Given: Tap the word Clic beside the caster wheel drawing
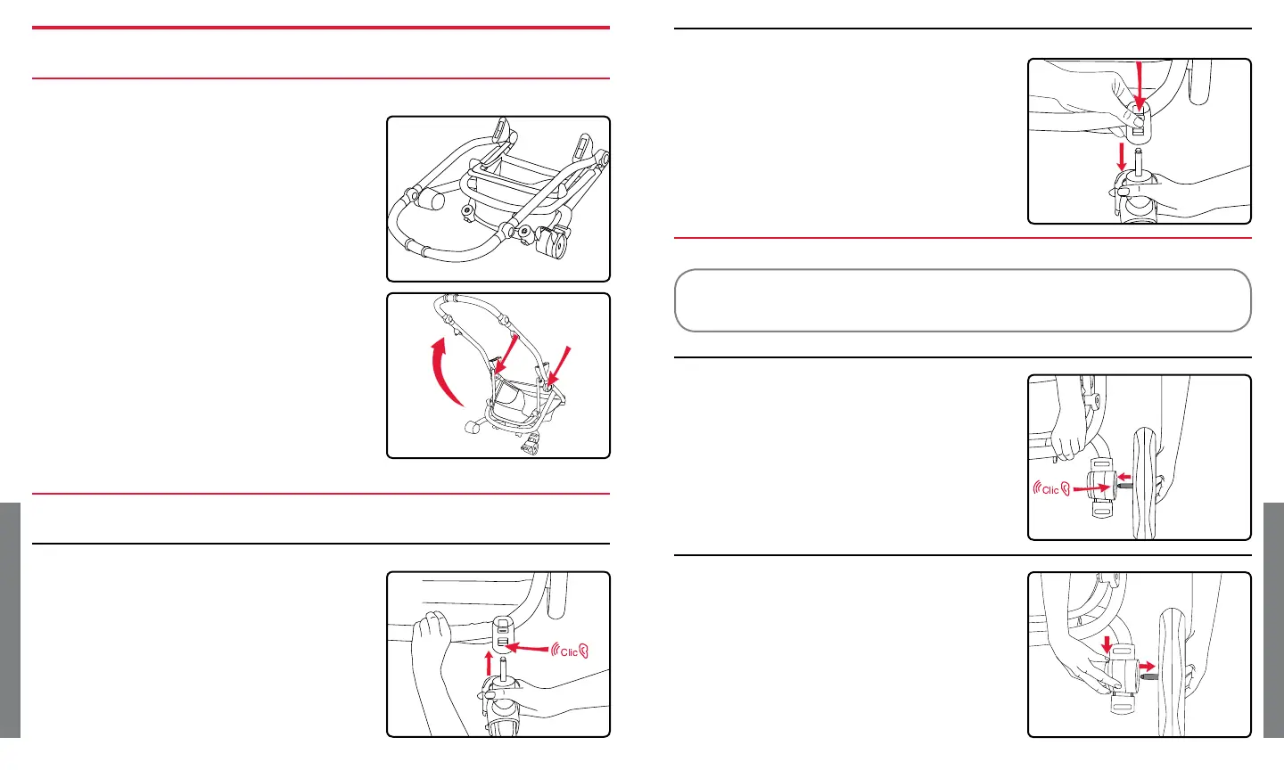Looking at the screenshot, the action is coord(569,652).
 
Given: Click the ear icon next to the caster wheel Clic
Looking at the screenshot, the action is coord(585,651).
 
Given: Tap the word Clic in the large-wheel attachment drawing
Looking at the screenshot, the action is coord(1050,489).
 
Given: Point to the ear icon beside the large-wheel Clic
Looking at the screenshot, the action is coord(1066,488).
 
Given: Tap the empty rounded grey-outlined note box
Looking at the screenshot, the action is coord(963,300).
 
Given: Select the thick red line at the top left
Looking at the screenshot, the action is coord(321,28).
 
